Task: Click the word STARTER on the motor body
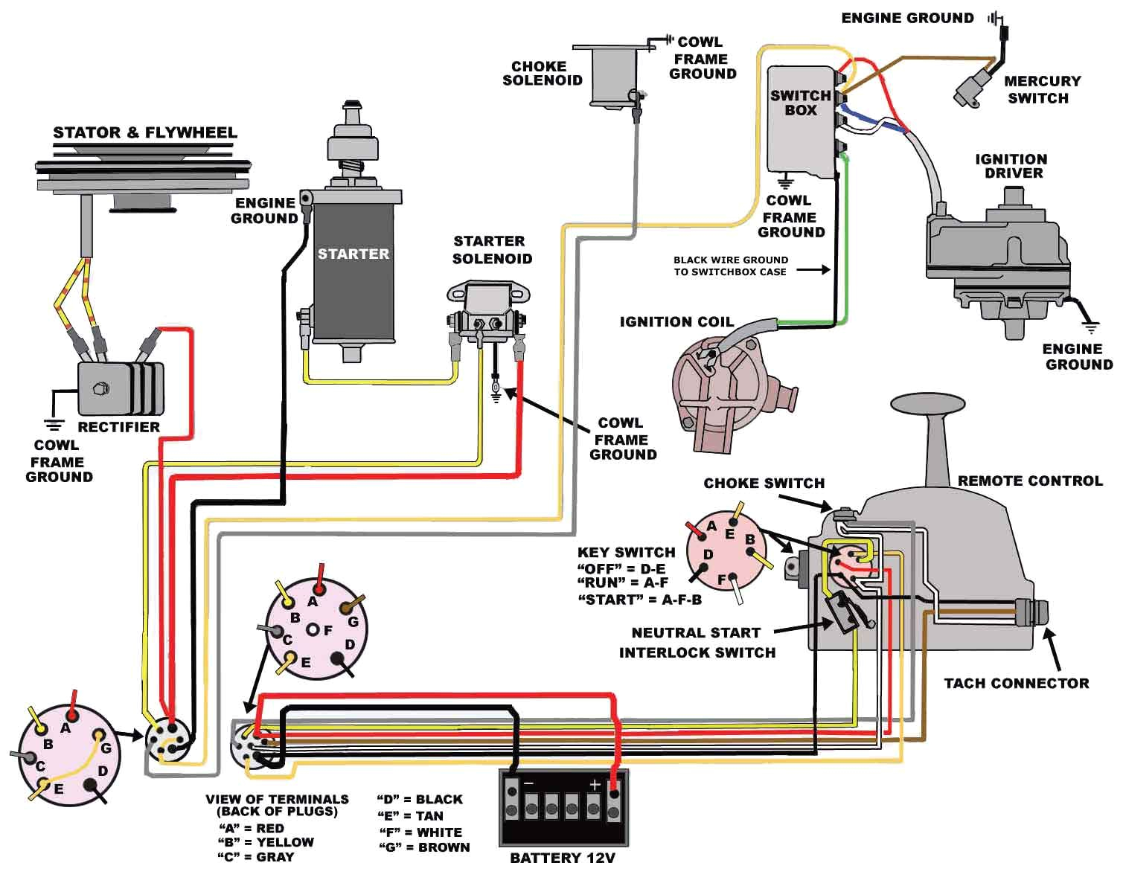(353, 254)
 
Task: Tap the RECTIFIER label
(118, 427)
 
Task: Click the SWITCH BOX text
(800, 103)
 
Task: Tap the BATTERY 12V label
(562, 858)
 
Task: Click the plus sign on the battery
(595, 785)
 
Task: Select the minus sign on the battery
(528, 785)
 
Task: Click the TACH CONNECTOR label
(1016, 683)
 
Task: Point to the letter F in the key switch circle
(721, 579)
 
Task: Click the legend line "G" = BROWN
(424, 847)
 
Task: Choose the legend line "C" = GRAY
(255, 857)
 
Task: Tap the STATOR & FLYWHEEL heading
(144, 132)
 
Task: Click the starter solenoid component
(487, 312)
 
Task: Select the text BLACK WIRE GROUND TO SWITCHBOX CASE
(730, 266)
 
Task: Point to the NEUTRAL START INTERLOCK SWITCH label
(697, 642)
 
